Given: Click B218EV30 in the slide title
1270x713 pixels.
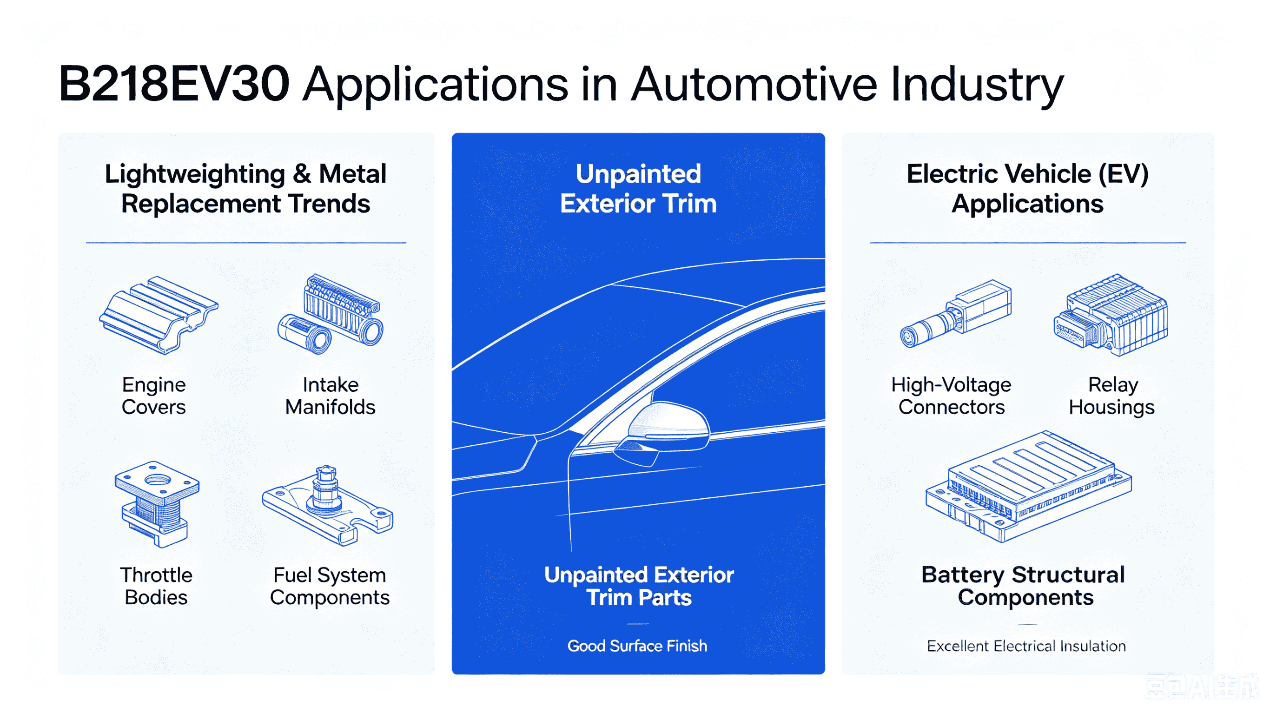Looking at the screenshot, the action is pyautogui.click(x=174, y=84).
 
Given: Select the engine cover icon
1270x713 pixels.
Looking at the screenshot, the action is pyautogui.click(x=159, y=315).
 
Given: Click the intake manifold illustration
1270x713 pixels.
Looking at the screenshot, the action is pyautogui.click(x=331, y=314).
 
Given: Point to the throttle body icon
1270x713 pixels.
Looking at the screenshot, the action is pyautogui.click(x=157, y=504).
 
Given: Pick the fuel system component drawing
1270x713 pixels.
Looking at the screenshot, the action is pyautogui.click(x=328, y=505).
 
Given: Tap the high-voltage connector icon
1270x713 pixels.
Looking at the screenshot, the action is pyautogui.click(x=955, y=314).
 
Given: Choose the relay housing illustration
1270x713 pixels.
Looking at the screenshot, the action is pyautogui.click(x=1110, y=315).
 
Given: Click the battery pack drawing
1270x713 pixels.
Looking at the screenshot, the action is pyautogui.click(x=1028, y=486).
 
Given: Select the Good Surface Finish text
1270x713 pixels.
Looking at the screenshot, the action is pyautogui.click(x=637, y=646).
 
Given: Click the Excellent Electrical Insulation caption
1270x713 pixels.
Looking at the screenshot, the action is pyautogui.click(x=1026, y=646).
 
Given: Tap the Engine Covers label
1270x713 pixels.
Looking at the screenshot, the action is pyautogui.click(x=154, y=396).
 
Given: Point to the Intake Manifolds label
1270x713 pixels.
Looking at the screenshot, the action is pyautogui.click(x=331, y=396).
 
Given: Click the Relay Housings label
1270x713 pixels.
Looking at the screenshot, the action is pyautogui.click(x=1112, y=396).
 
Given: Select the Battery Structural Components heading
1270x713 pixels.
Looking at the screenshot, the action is pyautogui.click(x=1024, y=586).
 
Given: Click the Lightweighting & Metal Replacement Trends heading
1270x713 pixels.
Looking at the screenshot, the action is pyautogui.click(x=245, y=189).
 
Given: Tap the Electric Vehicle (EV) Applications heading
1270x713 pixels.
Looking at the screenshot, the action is pyautogui.click(x=1027, y=189).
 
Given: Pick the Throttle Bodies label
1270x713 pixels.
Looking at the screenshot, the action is pyautogui.click(x=156, y=586).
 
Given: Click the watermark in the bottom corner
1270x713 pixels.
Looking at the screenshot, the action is pyautogui.click(x=1202, y=687).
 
